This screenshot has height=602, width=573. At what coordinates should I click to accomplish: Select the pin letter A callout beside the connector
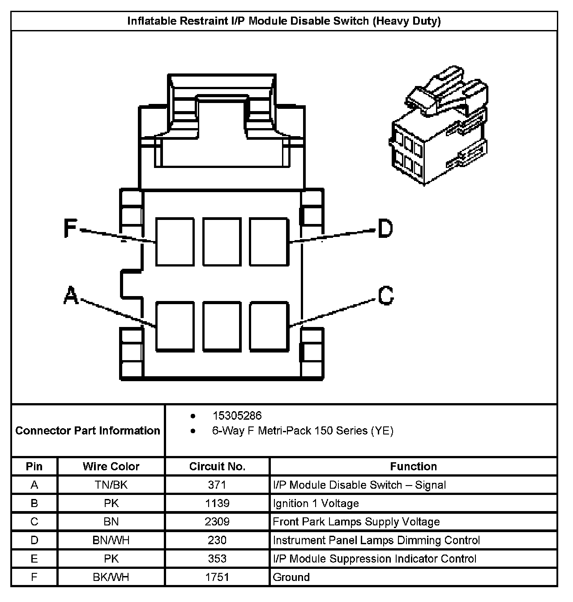71,296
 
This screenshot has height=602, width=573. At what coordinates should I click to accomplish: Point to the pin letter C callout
385,296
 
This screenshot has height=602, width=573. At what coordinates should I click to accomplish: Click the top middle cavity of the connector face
222,241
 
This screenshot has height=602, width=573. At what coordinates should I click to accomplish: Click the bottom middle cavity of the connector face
222,326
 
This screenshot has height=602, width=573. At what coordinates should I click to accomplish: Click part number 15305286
237,416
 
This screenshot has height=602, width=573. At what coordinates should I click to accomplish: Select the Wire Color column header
111,466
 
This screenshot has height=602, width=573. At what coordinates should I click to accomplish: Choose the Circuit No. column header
217,466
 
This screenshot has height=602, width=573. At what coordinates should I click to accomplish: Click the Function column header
413,466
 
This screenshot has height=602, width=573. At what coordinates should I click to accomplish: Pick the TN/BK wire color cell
111,485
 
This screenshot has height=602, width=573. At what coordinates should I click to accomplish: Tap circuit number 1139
217,503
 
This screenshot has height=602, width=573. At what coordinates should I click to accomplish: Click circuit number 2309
217,522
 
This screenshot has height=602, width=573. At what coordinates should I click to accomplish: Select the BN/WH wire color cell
111,540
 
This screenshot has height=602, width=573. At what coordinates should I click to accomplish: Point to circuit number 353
217,559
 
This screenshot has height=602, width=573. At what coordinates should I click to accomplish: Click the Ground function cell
291,577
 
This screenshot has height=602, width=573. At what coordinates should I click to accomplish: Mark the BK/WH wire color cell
111,577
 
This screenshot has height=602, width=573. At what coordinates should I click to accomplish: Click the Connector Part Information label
88,430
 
